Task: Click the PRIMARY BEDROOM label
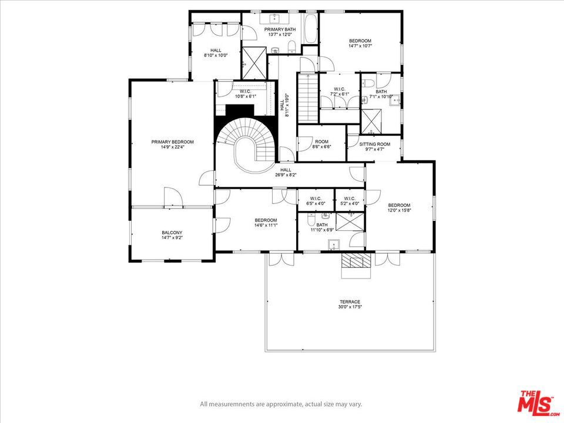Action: click(172, 145)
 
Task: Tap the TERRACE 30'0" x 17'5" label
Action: click(349, 304)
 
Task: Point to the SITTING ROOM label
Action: click(375, 147)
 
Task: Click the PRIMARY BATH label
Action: click(280, 32)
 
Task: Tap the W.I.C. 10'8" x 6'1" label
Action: click(245, 94)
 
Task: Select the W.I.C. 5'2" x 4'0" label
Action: click(350, 201)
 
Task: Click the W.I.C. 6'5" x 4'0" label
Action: click(315, 201)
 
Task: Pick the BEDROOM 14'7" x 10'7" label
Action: click(360, 44)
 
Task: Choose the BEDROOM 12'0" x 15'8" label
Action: click(399, 207)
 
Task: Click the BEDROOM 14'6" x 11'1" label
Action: click(266, 222)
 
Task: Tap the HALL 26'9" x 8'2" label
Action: click(286, 172)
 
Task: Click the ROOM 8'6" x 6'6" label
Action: click(321, 144)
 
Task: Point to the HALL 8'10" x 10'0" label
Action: click(216, 53)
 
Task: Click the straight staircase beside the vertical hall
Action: click(306, 97)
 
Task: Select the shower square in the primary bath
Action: click(254, 58)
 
